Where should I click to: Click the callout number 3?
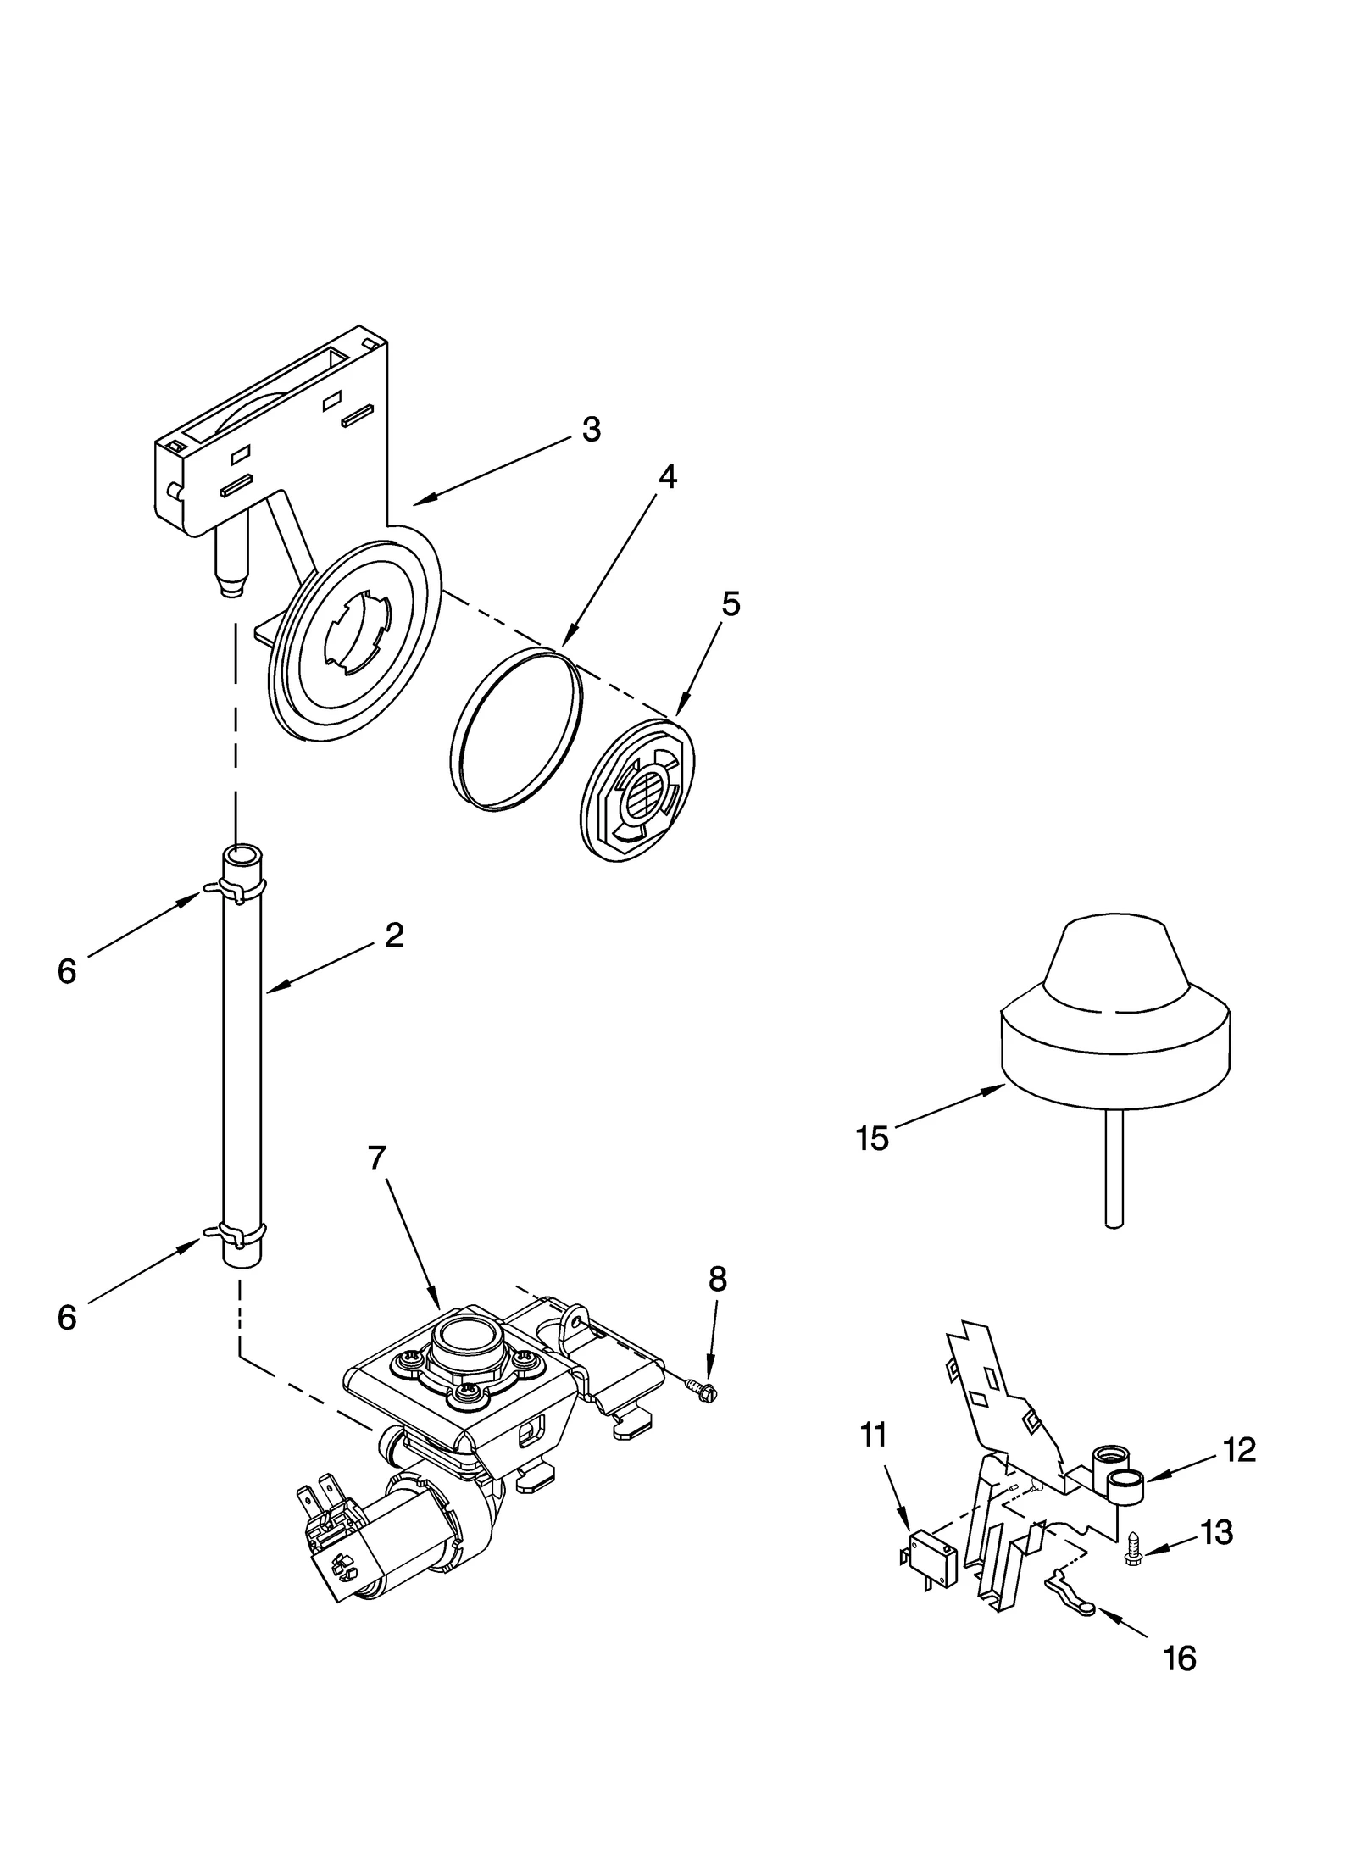591,430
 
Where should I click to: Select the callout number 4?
667,478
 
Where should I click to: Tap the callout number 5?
731,604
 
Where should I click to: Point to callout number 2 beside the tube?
394,936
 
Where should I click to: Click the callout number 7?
377,1158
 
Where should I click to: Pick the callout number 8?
717,1280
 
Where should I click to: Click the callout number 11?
873,1436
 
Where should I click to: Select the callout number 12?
1239,1450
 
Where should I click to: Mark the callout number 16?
1180,1658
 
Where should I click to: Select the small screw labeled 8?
703,1388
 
